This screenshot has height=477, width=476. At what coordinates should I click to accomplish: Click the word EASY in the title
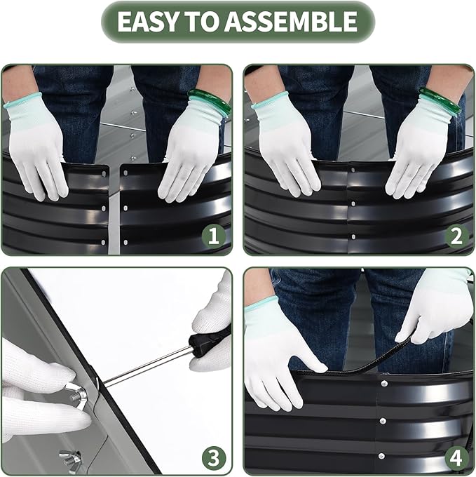[147, 21]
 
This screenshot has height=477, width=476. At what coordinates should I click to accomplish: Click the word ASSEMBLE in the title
[291, 21]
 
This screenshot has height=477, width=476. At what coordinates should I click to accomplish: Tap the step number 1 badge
[214, 236]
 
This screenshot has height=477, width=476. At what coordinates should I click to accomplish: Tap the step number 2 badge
[456, 236]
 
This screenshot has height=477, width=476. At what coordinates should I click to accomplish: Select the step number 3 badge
[214, 458]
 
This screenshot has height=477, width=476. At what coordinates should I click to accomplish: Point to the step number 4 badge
[456, 458]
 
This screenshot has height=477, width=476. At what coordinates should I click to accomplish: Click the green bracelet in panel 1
[210, 100]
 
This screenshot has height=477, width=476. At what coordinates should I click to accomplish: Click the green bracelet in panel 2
[441, 100]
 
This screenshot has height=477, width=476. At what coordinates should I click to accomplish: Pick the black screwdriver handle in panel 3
[210, 341]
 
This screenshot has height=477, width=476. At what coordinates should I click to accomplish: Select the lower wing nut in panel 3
[71, 458]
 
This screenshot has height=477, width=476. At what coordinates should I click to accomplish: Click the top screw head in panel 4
[384, 383]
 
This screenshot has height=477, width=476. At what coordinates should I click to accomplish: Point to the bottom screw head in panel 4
[381, 456]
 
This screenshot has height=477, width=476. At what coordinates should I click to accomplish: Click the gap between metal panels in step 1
[114, 210]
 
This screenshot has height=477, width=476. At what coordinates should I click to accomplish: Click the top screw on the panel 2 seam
[353, 170]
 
